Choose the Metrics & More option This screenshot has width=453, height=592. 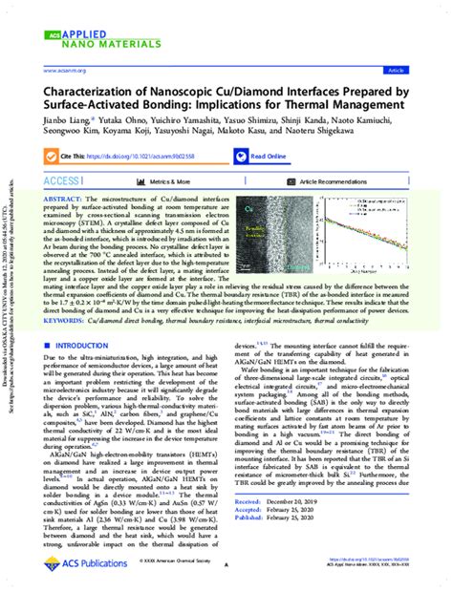171,180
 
